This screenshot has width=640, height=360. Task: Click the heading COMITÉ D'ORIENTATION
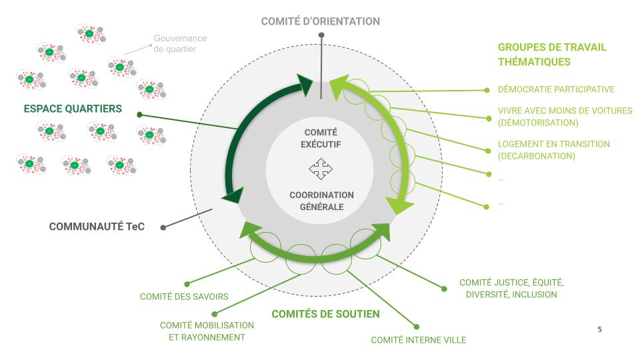320,21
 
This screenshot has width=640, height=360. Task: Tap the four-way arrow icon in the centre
320,170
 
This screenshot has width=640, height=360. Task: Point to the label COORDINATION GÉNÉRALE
321,201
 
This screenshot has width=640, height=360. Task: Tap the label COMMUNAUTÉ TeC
97,227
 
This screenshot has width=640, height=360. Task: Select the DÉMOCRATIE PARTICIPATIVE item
556,89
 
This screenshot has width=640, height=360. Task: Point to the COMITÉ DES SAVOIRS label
185,297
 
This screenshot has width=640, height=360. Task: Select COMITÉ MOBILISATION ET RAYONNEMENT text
207,331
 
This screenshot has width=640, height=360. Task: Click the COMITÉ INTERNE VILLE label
418,341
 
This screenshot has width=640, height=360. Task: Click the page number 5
600,329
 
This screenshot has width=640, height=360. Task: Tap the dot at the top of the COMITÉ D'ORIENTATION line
321,35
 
